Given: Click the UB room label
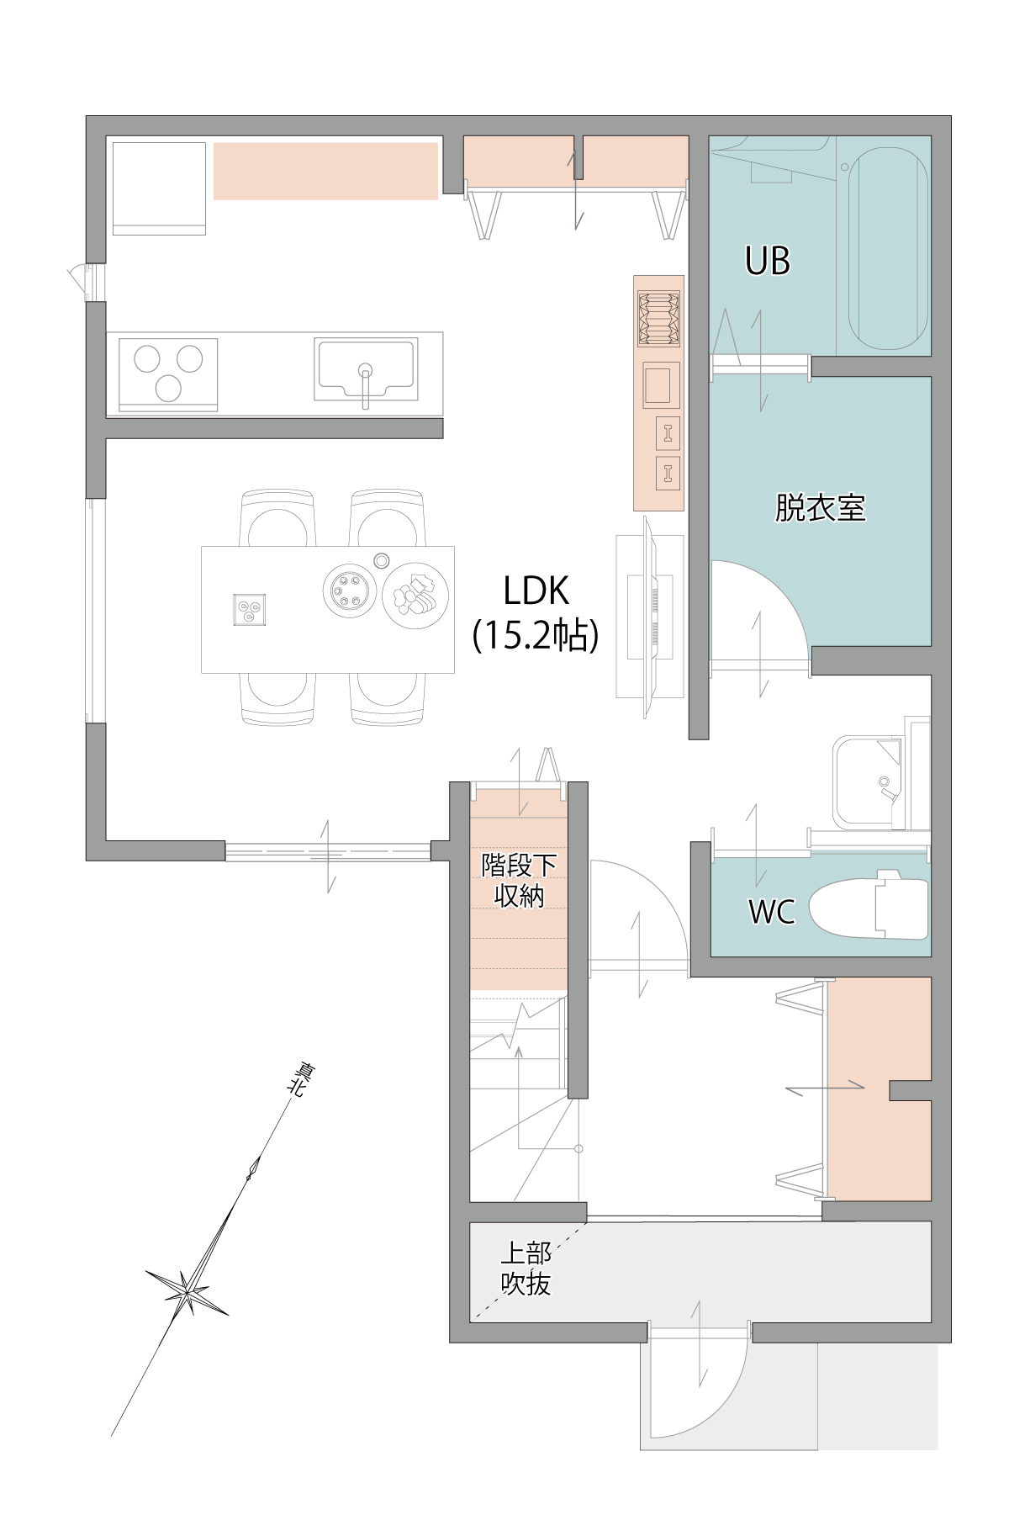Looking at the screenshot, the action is click(768, 261).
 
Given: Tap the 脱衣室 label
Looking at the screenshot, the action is click(820, 507).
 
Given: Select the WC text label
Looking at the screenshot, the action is click(772, 912).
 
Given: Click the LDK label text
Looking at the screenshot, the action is click(536, 591).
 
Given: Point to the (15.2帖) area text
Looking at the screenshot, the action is click(536, 636).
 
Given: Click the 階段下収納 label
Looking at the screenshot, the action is click(519, 880).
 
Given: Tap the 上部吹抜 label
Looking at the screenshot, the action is click(526, 1269).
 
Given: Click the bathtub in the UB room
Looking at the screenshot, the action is click(889, 243).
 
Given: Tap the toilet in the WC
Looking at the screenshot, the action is click(869, 908).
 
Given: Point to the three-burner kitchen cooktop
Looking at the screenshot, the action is click(168, 374).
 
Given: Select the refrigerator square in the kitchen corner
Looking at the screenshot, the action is click(159, 188).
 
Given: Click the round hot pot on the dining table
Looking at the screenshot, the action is click(348, 591).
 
